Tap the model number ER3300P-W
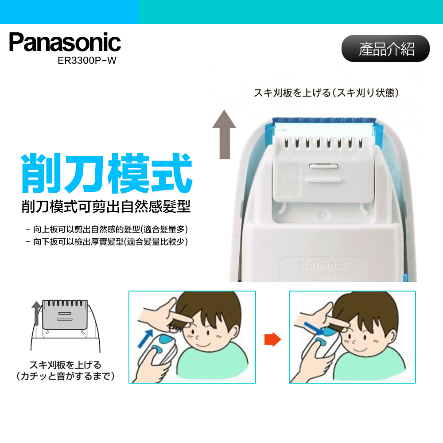87,61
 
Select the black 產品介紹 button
385,49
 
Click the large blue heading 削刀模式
107,173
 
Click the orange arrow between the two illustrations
272,340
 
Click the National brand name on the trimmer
323,265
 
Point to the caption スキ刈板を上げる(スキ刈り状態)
327,93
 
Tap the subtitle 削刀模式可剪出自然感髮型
106,206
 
